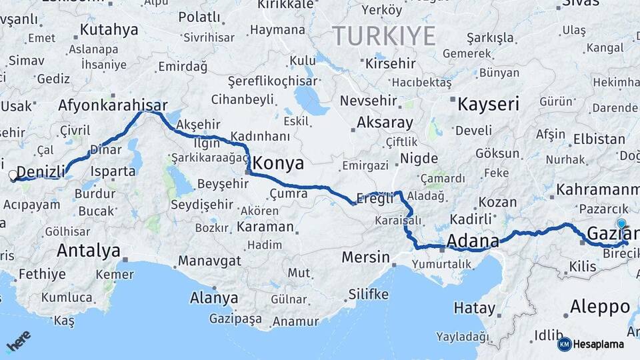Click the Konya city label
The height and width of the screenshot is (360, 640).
click(x=279, y=163)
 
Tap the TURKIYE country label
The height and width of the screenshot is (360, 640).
click(x=384, y=35)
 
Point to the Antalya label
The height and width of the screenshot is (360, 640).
click(x=89, y=251)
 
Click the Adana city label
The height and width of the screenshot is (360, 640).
click(x=473, y=241)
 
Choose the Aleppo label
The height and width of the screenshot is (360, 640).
click(x=600, y=307)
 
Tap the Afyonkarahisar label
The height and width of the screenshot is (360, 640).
click(x=111, y=105)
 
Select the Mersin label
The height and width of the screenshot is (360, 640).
click(x=365, y=257)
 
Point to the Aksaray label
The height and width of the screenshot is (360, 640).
click(x=385, y=123)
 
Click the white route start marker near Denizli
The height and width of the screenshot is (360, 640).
click(x=13, y=176)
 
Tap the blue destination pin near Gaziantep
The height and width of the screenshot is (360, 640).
click(x=622, y=224)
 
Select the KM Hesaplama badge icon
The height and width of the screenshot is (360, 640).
click(x=564, y=344)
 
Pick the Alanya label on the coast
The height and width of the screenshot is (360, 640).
click(x=214, y=297)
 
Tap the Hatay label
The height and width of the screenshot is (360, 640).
click(x=475, y=308)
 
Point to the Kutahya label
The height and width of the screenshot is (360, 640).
click(x=109, y=30)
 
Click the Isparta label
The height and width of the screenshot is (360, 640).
click(x=113, y=171)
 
